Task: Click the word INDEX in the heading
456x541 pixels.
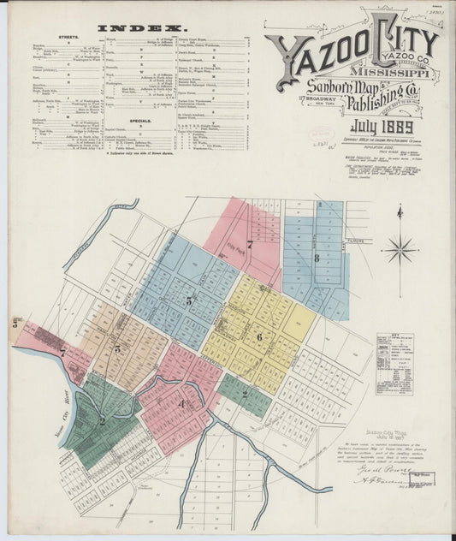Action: [x=139, y=27]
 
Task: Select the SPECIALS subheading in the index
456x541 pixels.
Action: [x=141, y=122]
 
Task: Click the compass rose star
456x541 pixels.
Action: [x=400, y=251]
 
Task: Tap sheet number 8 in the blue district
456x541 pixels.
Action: [x=317, y=257]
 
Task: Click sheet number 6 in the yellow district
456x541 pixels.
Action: [x=258, y=337]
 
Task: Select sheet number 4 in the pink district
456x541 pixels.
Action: [x=181, y=404]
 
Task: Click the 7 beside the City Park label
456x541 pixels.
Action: [x=250, y=245]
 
